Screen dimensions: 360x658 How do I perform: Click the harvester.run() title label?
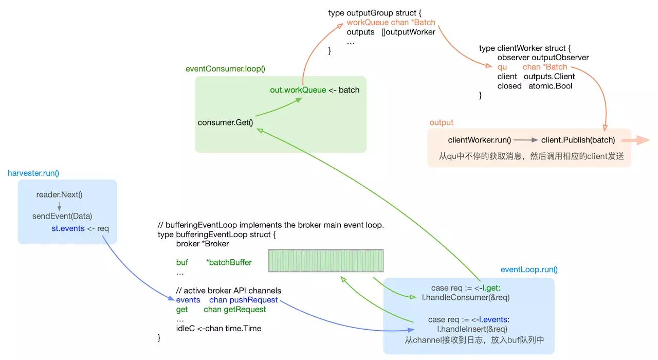[x=31, y=173]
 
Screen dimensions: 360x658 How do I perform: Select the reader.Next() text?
[x=59, y=194]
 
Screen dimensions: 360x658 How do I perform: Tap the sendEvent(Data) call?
[x=62, y=216]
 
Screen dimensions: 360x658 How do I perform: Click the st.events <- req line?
[x=80, y=228]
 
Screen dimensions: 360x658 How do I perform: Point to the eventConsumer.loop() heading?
[x=222, y=69]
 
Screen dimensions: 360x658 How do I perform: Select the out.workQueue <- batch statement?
[x=315, y=90]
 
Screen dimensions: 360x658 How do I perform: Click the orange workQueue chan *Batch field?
[x=391, y=23]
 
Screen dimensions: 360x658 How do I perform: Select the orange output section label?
[x=442, y=122]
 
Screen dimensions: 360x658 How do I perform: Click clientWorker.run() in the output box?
[x=480, y=140]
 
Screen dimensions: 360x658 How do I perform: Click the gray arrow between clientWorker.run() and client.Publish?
[x=525, y=140]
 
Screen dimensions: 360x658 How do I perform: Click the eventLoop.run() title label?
[x=529, y=269]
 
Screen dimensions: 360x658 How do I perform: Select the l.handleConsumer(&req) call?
[x=465, y=297]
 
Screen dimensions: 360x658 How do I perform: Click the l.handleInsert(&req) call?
[x=472, y=329]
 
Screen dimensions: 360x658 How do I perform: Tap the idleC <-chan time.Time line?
[x=218, y=328]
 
